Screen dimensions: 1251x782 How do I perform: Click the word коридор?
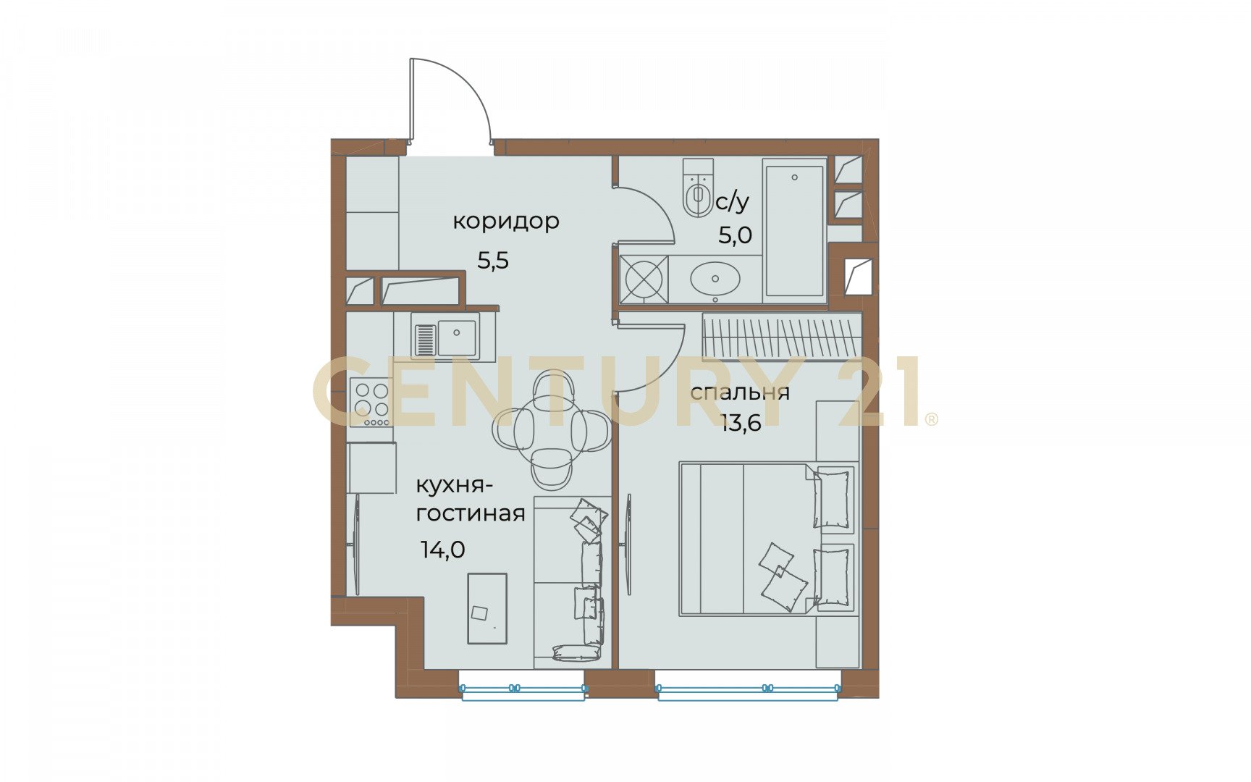click(x=506, y=221)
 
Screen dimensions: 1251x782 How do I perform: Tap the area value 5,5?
click(x=493, y=260)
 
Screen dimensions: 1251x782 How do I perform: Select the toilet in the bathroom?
click(x=698, y=188)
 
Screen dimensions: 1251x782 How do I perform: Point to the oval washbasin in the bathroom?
click(x=715, y=279)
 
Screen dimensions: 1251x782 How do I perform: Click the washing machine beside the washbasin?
click(x=644, y=279)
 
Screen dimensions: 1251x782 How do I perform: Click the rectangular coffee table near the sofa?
click(x=487, y=608)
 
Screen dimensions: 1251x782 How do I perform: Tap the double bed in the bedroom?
click(x=767, y=539)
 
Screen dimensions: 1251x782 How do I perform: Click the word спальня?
click(x=739, y=392)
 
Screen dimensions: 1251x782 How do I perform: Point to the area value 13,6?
click(x=741, y=424)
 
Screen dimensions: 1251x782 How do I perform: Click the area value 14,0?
click(x=443, y=550)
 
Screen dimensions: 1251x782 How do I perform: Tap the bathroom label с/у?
click(x=732, y=202)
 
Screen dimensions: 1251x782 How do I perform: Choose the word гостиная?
click(x=471, y=513)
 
